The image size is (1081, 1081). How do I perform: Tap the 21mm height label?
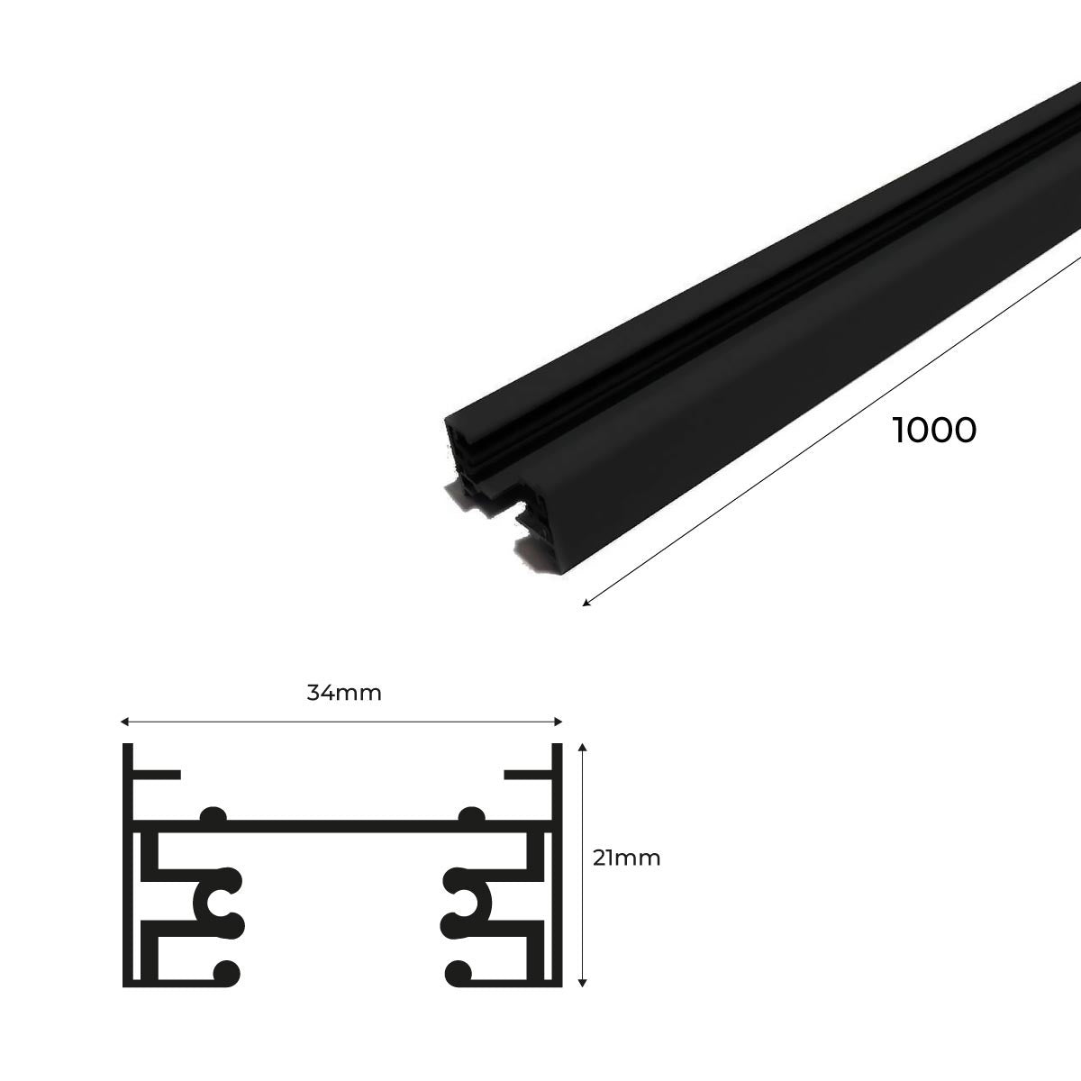click(x=626, y=858)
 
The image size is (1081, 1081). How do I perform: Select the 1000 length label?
click(x=934, y=431)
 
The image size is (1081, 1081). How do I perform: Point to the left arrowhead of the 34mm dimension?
click(x=124, y=722)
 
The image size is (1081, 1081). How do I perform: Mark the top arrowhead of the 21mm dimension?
click(x=585, y=748)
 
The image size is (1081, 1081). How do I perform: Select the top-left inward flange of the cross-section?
click(x=159, y=774)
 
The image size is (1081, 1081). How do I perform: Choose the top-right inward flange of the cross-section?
click(x=526, y=774)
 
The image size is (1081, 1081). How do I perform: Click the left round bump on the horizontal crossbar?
click(x=214, y=815)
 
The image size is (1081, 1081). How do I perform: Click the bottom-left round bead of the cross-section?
click(x=227, y=971)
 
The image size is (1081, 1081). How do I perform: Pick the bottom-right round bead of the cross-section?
click(x=458, y=971)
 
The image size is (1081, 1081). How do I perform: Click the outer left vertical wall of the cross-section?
click(x=128, y=865)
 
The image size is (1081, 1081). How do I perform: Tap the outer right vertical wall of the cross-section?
click(x=557, y=865)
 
